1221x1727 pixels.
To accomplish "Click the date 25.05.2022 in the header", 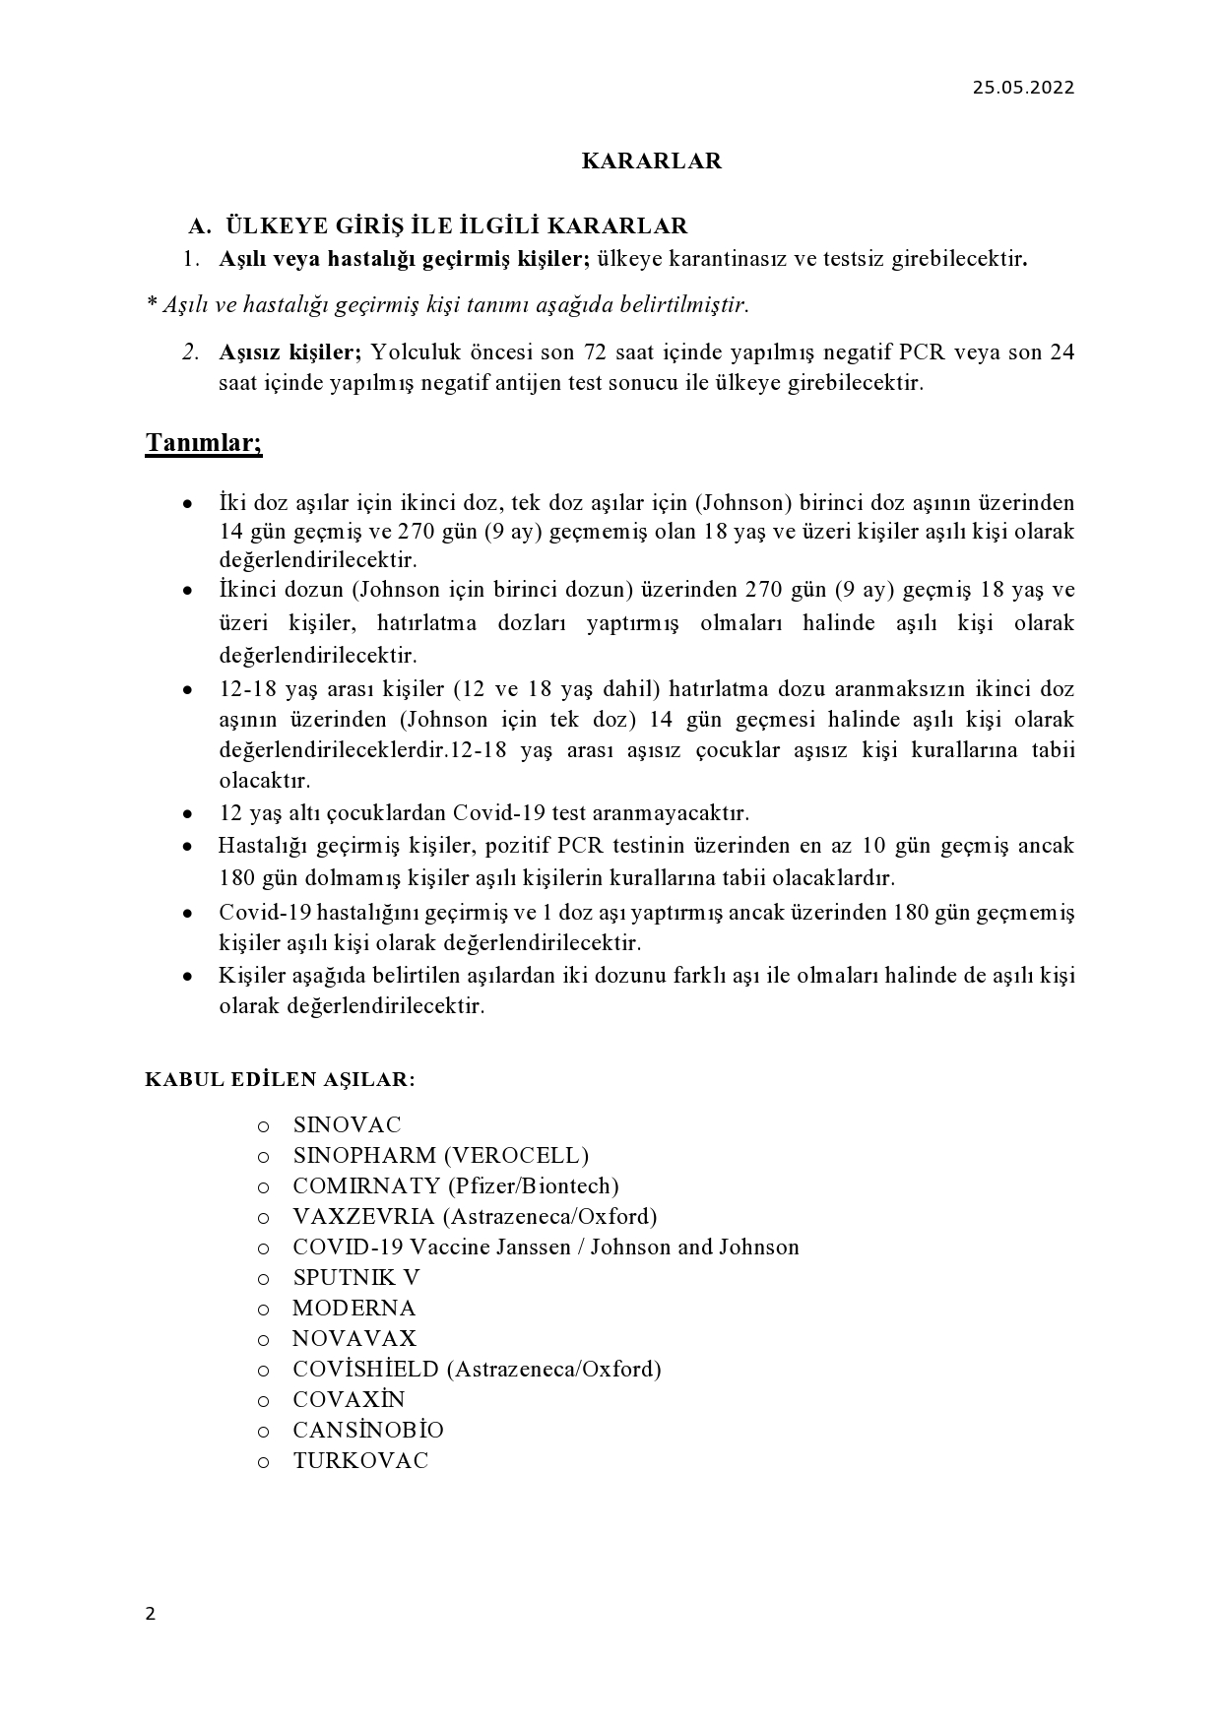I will [x=1023, y=88].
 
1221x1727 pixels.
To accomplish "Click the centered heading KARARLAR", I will [x=652, y=161].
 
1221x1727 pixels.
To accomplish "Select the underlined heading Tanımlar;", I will [x=204, y=443].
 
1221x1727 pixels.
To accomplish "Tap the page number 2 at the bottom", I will [x=151, y=1613].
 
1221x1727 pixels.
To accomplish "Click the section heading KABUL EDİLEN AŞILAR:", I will [x=281, y=1079].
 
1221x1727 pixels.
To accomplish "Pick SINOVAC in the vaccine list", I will [x=347, y=1124].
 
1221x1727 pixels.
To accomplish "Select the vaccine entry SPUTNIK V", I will [x=356, y=1277].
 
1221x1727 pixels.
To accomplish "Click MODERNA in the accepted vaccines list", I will [x=353, y=1308].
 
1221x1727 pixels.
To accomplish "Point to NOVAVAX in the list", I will [x=354, y=1338].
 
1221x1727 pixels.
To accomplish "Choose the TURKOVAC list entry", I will [x=360, y=1460].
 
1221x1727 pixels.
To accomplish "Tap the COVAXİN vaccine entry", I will [x=349, y=1399].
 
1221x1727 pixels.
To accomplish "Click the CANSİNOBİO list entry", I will [x=368, y=1430].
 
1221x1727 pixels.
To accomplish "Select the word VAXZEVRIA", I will [x=363, y=1216].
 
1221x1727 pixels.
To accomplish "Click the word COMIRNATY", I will [x=365, y=1185].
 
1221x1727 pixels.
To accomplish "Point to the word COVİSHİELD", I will [x=365, y=1369].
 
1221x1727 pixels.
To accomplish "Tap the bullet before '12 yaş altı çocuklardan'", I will [x=187, y=815].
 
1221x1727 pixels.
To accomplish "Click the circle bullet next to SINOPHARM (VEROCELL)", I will [x=263, y=1157].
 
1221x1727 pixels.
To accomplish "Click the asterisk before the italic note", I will [x=152, y=304].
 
